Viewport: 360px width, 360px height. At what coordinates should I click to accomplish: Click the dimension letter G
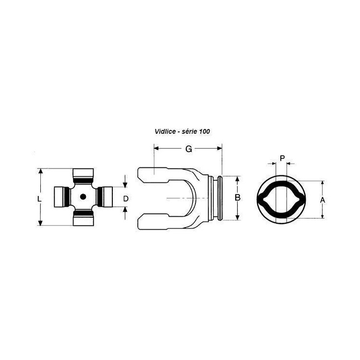coord(189,149)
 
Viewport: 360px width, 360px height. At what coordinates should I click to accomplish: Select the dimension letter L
coord(39,199)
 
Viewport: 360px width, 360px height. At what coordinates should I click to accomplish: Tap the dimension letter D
coord(126,199)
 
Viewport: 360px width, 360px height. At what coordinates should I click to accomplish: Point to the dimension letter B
coord(238,197)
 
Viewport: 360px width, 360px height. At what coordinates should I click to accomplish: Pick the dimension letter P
coord(282,158)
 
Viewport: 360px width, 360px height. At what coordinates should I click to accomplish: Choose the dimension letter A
coord(323,200)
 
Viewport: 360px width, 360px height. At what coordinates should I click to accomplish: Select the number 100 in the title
coord(204,132)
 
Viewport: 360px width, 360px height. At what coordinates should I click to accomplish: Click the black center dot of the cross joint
coord(83,197)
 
